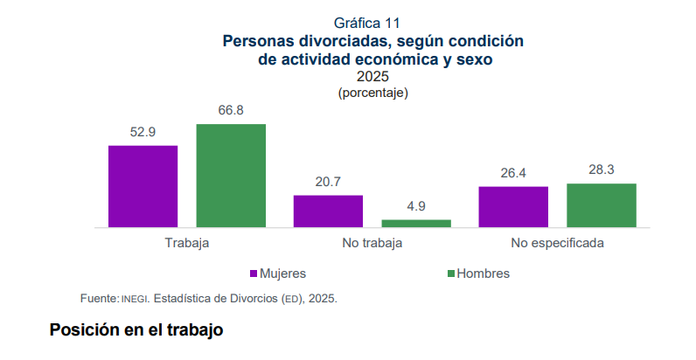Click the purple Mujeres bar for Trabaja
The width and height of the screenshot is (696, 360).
pyautogui.click(x=143, y=186)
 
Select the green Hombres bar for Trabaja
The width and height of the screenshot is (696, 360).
pyautogui.click(x=231, y=176)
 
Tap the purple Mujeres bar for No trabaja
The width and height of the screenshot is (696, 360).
pyautogui.click(x=328, y=211)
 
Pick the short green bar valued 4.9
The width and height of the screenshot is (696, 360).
pyautogui.click(x=416, y=224)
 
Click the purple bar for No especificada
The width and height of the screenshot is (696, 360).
pyautogui.click(x=513, y=207)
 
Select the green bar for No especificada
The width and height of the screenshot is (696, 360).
pyautogui.click(x=602, y=205)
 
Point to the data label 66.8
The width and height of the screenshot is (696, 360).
pyautogui.click(x=231, y=110)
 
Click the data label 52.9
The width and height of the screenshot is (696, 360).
pyautogui.click(x=143, y=132)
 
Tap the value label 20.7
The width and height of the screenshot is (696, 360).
pyautogui.click(x=328, y=182)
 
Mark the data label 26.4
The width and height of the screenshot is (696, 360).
pyautogui.click(x=513, y=173)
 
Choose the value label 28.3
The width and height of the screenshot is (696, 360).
pyautogui.click(x=602, y=170)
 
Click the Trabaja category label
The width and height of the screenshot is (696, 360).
pyautogui.click(x=187, y=244)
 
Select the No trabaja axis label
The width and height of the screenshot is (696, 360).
pyautogui.click(x=372, y=244)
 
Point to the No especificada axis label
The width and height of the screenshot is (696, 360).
pyautogui.click(x=558, y=244)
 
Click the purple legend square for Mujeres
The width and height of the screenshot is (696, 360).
pyautogui.click(x=254, y=273)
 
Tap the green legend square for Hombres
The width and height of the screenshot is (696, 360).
pyautogui.click(x=451, y=273)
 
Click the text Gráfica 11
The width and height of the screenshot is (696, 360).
pyautogui.click(x=367, y=23)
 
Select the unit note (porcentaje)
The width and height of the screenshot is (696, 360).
pyautogui.click(x=372, y=93)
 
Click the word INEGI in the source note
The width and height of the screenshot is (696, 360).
pyautogui.click(x=135, y=299)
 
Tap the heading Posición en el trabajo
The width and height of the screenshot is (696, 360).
pyautogui.click(x=136, y=330)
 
